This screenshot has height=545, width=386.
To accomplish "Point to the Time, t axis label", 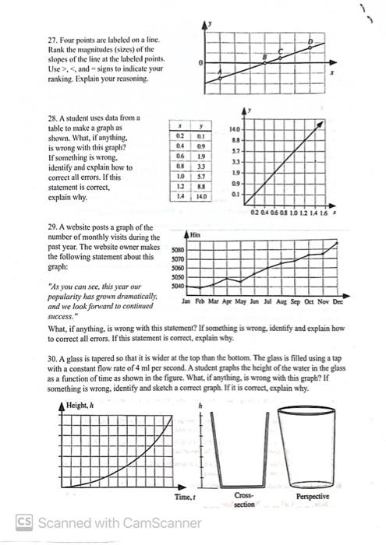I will coord(183,495).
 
